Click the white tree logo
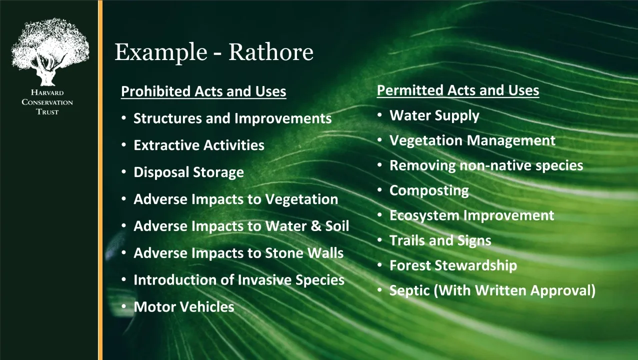coord(50,52)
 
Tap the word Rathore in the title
coord(271,52)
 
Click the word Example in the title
coord(161,52)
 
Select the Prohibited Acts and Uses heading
coord(203,91)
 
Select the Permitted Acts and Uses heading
coord(458,90)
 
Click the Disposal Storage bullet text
coord(188,172)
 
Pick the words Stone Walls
coord(304,253)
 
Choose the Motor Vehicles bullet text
coord(184,307)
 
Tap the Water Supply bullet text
coord(434,116)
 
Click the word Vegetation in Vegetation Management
coord(426,141)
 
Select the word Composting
coord(429,191)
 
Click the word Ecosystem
coord(424,215)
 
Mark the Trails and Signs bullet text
coord(440,240)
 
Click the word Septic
coord(409,291)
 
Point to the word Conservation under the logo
coord(47,102)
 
